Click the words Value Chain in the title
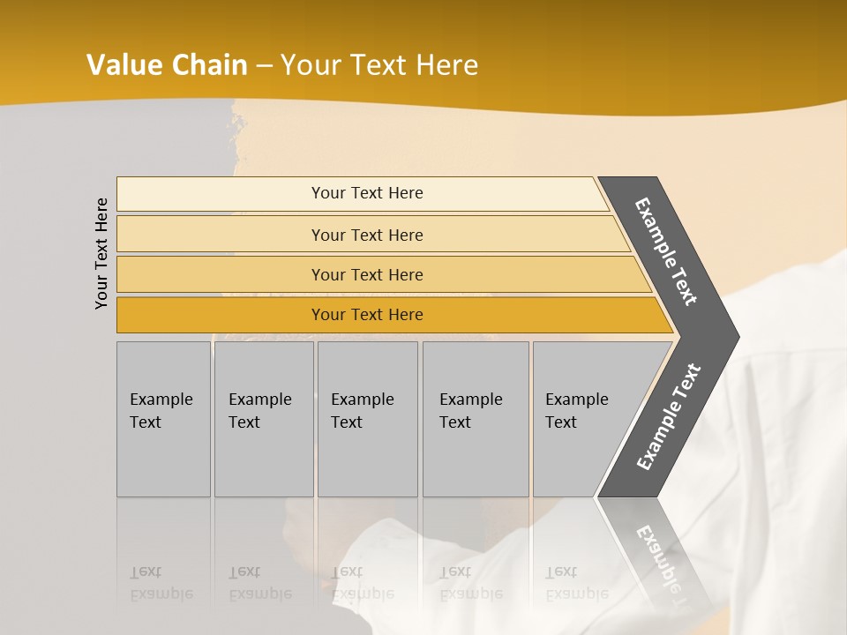click(x=168, y=65)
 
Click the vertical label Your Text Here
click(x=101, y=253)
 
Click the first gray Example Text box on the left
click(x=163, y=419)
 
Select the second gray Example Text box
click(x=264, y=419)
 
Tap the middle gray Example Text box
click(x=367, y=419)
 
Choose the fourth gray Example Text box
click(x=476, y=419)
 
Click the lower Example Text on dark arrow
click(x=669, y=416)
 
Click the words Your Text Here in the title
click(x=379, y=65)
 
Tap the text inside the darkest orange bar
click(x=367, y=315)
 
